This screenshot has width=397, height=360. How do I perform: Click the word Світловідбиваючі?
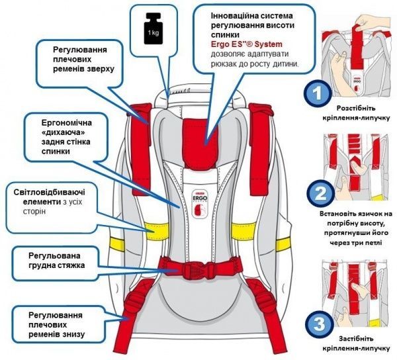pyautogui.click(x=53, y=191)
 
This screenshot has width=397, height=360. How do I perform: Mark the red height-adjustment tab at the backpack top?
pyautogui.click(x=205, y=133)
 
